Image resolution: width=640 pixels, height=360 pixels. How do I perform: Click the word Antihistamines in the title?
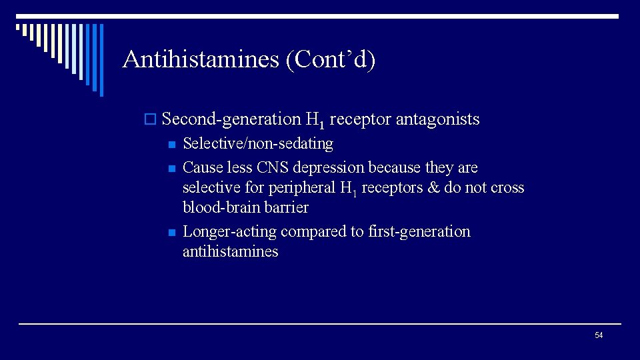point(201,59)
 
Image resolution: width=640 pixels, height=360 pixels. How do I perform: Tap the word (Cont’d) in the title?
point(331,59)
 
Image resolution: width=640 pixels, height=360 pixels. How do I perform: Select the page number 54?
point(598,335)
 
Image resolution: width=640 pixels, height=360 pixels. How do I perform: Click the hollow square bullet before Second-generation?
point(150,120)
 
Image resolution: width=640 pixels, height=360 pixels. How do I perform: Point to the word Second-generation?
point(231,119)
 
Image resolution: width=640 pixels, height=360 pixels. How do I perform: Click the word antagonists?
point(437,119)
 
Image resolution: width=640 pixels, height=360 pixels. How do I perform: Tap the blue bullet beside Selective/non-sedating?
point(171,145)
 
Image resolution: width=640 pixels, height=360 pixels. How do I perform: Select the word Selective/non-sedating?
point(257,143)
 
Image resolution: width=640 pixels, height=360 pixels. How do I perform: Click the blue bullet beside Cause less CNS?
point(171,168)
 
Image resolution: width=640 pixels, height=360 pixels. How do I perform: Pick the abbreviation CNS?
point(271,167)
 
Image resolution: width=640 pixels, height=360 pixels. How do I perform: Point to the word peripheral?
point(302,188)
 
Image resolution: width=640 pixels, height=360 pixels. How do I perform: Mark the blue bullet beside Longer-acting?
point(171,233)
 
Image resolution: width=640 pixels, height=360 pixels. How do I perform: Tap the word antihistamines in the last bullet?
point(230,252)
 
